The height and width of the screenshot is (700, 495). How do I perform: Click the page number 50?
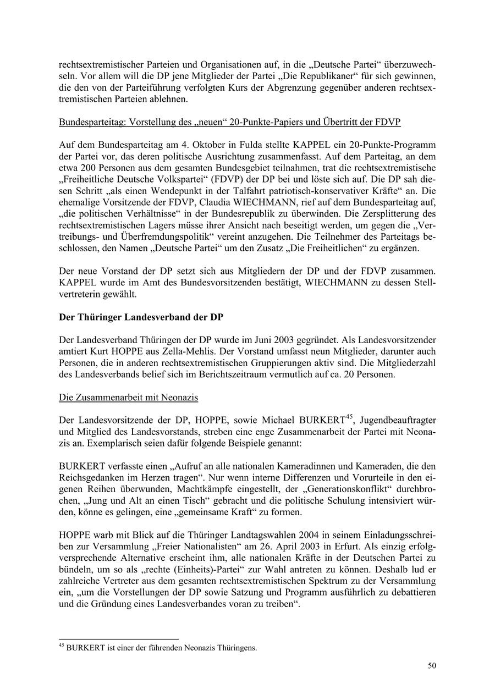point(432,666)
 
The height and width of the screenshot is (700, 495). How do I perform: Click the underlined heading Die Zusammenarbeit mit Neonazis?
point(129,396)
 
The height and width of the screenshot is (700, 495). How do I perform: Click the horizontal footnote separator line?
point(119,639)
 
